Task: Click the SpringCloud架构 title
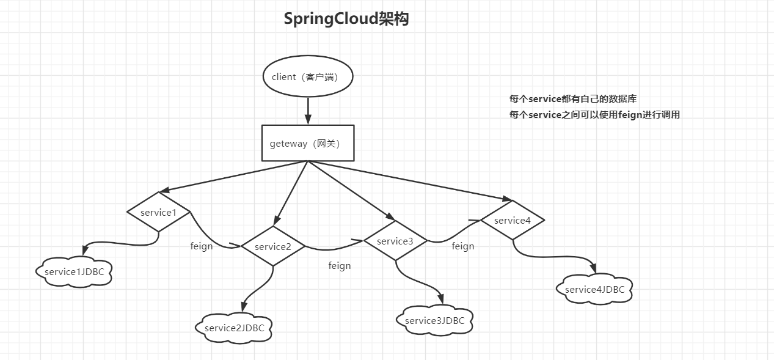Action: (346, 19)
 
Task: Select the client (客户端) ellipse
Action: (309, 77)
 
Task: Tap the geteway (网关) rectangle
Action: (308, 143)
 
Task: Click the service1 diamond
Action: (159, 211)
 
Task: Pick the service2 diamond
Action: (272, 246)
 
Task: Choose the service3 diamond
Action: (395, 241)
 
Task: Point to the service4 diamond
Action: (512, 220)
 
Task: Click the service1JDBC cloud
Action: (75, 271)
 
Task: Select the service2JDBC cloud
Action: (235, 328)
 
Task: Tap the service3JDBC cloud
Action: (434, 320)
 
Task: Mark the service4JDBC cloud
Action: (595, 289)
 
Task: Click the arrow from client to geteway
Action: (309, 111)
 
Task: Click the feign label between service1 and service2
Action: (202, 246)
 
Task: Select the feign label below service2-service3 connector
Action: (340, 265)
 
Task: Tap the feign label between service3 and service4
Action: (463, 246)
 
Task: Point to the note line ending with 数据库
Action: (573, 98)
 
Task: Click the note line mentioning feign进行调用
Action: (594, 114)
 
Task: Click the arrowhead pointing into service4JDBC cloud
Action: (593, 268)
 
